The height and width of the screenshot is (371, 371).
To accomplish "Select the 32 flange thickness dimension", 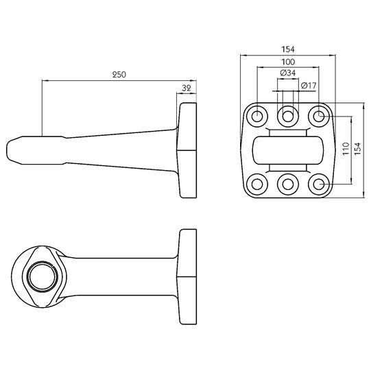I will [x=187, y=87].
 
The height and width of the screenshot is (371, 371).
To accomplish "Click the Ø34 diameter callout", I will [x=288, y=73].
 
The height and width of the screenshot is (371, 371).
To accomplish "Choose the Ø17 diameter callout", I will [x=309, y=85].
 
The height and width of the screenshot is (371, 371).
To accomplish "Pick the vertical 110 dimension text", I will [x=346, y=149].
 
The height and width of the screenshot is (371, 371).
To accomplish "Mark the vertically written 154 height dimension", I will [x=357, y=149].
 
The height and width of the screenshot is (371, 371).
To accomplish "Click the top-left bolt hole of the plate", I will [x=257, y=117].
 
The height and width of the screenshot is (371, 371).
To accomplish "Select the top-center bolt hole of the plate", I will [x=287, y=117].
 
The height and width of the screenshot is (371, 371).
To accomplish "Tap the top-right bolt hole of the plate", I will [x=318, y=117].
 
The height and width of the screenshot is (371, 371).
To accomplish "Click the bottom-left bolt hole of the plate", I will [x=257, y=183].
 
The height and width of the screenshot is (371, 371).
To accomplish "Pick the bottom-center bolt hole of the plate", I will [x=287, y=183].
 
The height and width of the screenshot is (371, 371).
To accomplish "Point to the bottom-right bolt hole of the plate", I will [x=318, y=183].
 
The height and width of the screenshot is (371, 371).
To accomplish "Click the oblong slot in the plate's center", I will [x=287, y=150].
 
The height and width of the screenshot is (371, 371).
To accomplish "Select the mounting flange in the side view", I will [x=187, y=149].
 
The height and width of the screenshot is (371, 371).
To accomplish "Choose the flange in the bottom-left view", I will [x=187, y=276].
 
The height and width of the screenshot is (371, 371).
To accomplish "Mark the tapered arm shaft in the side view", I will [x=117, y=147].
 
